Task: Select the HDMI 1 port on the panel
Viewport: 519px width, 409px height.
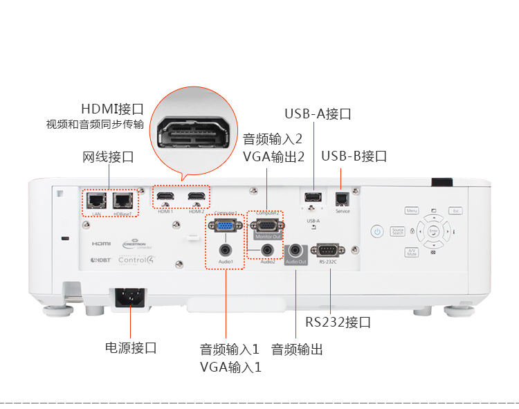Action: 165,198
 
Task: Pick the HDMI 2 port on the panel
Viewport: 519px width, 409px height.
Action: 197,198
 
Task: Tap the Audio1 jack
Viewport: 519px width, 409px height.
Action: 225,249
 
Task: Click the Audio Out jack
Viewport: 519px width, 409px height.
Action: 297,249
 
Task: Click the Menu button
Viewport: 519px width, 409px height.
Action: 412,210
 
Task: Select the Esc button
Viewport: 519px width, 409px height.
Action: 455,210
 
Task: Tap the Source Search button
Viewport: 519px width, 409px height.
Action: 397,231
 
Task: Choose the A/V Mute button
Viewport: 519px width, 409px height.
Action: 412,253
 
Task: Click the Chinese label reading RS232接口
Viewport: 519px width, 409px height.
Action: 338,322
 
